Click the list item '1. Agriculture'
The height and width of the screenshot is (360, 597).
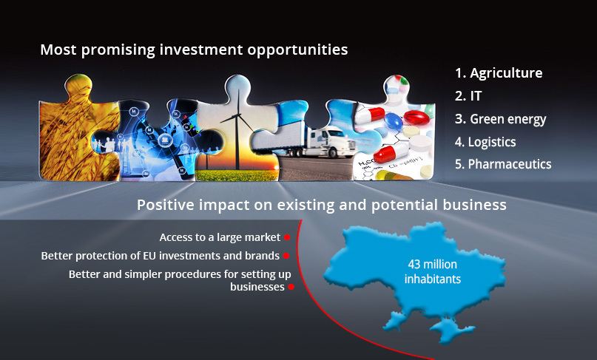pyautogui.click(x=499, y=73)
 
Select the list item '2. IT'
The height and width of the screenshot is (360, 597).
pyautogui.click(x=468, y=96)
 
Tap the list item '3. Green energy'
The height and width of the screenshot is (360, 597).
pyautogui.click(x=500, y=119)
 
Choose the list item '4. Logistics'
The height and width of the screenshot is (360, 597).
pyautogui.click(x=485, y=142)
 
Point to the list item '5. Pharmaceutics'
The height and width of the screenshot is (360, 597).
pyautogui.click(x=503, y=164)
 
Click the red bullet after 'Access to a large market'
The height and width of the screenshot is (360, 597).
pyautogui.click(x=287, y=237)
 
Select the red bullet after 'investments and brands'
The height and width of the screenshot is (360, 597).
pyautogui.click(x=286, y=256)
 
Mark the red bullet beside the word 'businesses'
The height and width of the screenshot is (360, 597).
pyautogui.click(x=291, y=287)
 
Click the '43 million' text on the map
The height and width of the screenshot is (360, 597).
pyautogui.click(x=433, y=264)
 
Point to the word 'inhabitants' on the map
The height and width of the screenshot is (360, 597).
pyautogui.click(x=433, y=279)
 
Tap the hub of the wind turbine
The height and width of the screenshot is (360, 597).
pyautogui.click(x=238, y=115)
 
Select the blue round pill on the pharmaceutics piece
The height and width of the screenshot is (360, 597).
pyautogui.click(x=394, y=120)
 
